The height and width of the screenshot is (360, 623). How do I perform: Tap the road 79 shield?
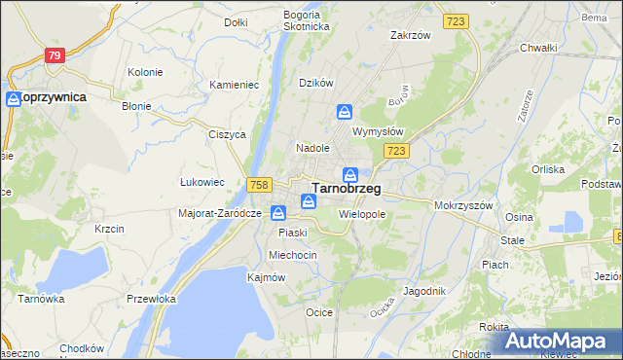click(55, 55)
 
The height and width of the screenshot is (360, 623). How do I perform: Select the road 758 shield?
click(259, 184)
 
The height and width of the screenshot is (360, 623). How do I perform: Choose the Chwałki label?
click(537, 48)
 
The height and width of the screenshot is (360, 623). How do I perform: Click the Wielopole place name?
click(363, 213)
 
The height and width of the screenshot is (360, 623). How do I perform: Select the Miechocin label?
click(293, 255)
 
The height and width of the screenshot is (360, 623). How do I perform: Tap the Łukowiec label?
click(203, 182)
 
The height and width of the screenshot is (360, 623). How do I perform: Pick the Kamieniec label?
click(234, 85)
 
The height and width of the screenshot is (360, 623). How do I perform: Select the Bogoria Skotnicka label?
click(308, 20)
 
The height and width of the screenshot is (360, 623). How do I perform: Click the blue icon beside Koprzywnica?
click(14, 98)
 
